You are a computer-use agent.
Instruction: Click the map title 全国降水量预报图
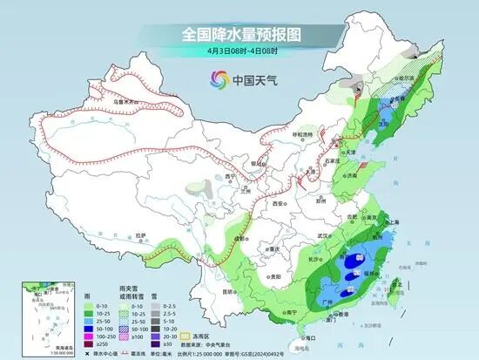tap(239, 34)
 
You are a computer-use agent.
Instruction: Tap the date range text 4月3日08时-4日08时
tap(239, 51)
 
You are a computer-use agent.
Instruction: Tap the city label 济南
tap(352, 174)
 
